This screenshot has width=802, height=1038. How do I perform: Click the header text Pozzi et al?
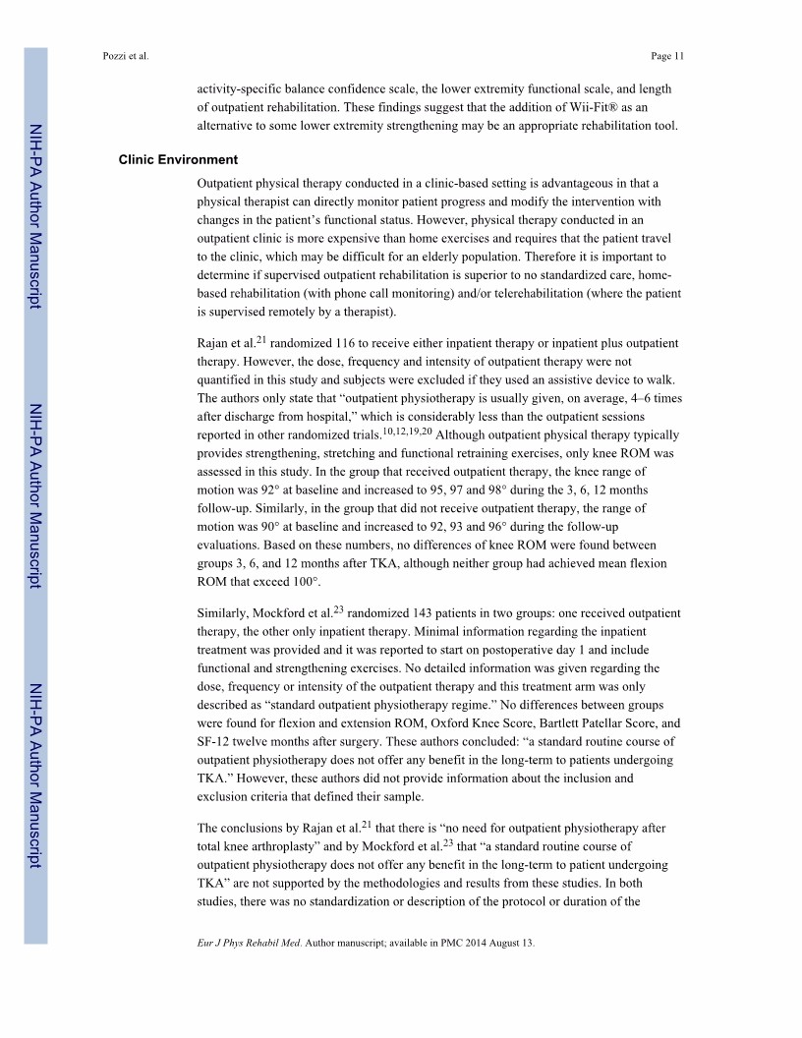124,56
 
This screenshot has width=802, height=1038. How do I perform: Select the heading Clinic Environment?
178,159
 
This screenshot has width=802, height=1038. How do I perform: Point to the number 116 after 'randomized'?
359,344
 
